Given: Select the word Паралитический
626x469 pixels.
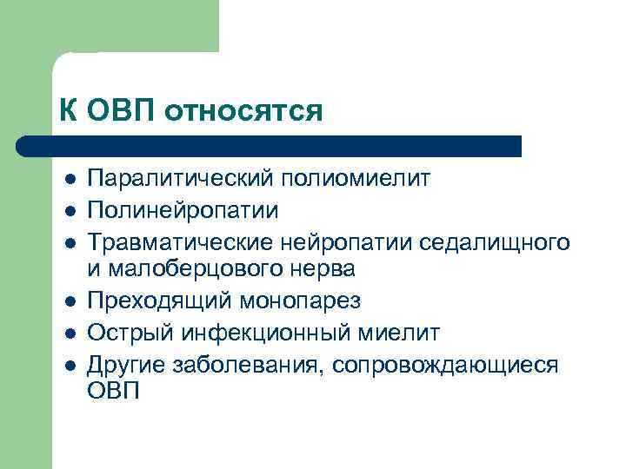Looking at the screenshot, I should (181, 179).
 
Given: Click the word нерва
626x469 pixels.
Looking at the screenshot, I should (324, 270).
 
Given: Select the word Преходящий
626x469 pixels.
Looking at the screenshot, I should (157, 301).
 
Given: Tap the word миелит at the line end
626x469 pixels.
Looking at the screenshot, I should (397, 332).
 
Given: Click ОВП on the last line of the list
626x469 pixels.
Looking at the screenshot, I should (114, 392).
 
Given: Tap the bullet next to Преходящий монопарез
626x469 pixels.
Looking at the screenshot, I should (69, 301).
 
